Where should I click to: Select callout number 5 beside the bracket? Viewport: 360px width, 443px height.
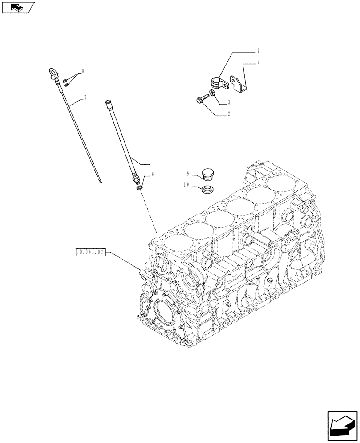[x=258, y=63]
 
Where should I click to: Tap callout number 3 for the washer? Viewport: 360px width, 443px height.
[x=228, y=102]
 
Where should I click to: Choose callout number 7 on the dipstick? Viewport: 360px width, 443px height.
[x=85, y=97]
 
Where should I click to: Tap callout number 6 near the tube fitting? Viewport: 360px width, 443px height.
[x=153, y=175]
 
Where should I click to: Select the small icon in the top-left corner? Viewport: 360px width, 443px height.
[x=17, y=7]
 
